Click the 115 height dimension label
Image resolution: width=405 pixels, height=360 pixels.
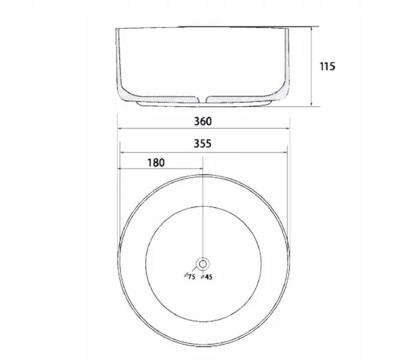pos(328,67)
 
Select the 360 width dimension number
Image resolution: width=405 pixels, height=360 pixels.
pos(203,121)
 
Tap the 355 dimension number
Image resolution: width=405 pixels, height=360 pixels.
pos(203,143)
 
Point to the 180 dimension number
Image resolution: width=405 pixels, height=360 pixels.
pos(156,163)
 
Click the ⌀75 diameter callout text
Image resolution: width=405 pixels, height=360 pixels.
pos(190,276)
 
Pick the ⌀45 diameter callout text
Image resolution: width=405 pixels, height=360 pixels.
pos(206,277)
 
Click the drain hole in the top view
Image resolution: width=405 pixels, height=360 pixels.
pos(203,264)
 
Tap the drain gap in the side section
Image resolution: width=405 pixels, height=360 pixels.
pos(203,100)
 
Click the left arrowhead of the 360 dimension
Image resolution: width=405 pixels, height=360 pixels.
pos(119,128)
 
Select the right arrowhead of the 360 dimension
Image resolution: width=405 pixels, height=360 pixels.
pos(287,128)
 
